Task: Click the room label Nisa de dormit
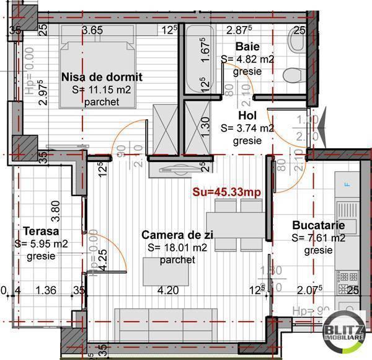(102, 78)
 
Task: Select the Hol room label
(247, 115)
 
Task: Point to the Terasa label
(38, 231)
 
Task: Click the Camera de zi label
(177, 235)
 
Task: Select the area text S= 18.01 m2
(177, 248)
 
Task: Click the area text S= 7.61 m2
(318, 238)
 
